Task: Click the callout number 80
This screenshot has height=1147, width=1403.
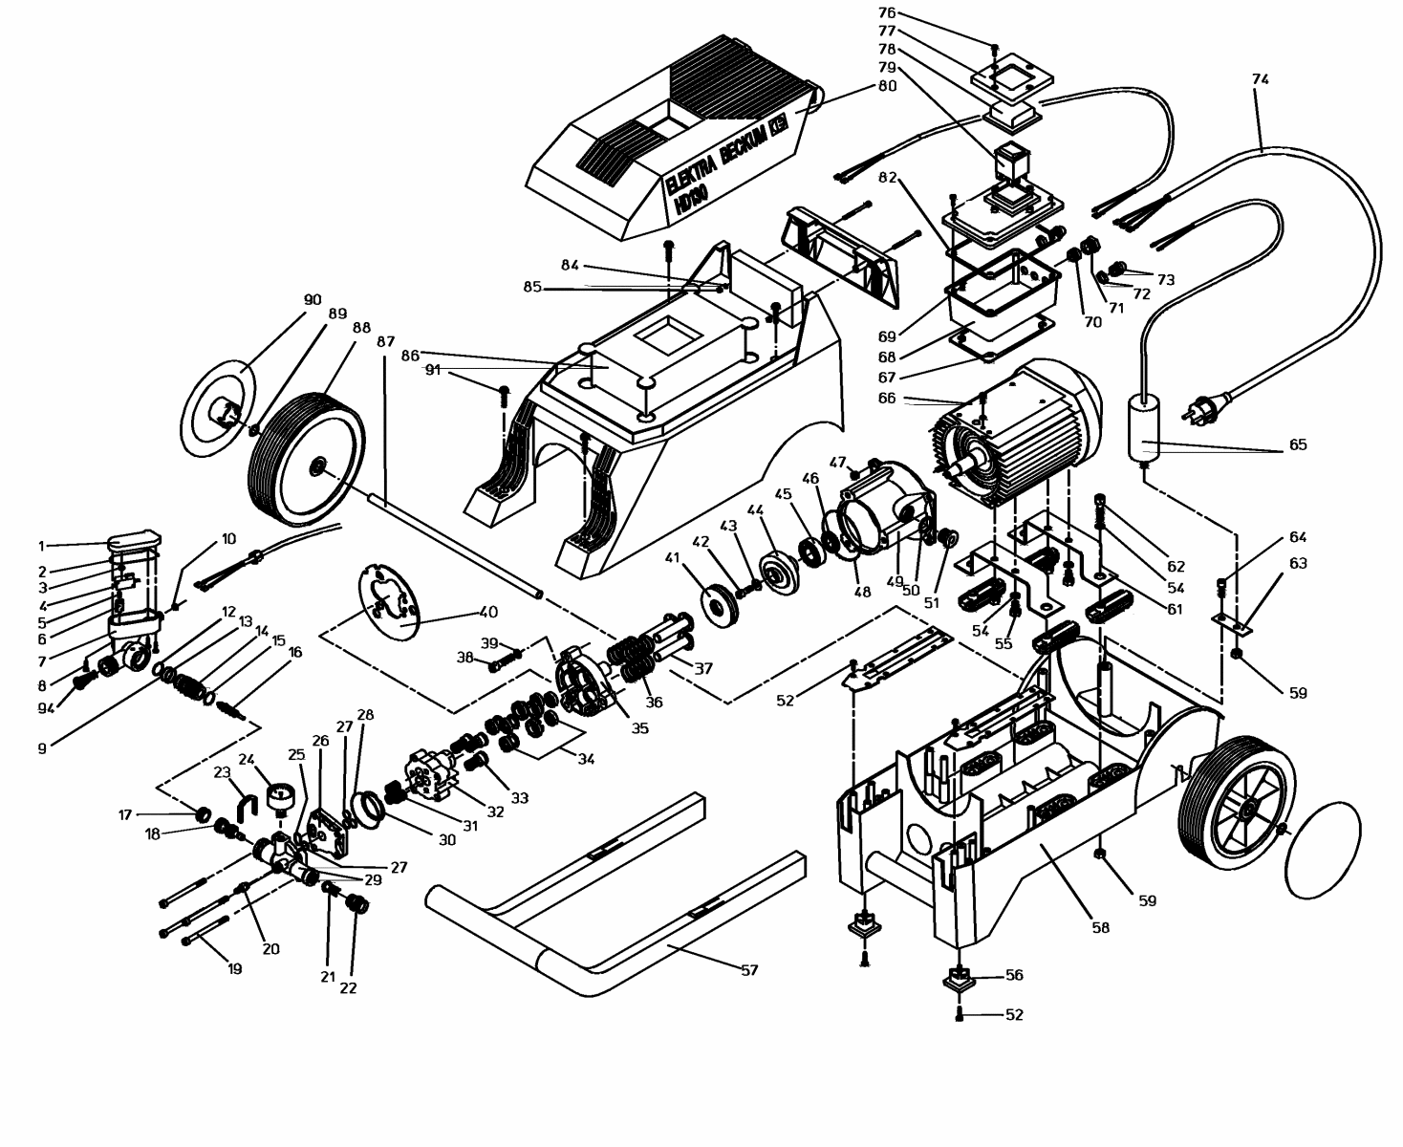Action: [x=887, y=85]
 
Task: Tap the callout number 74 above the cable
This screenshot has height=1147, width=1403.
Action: [x=1260, y=80]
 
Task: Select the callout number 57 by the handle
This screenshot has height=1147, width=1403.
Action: [x=749, y=970]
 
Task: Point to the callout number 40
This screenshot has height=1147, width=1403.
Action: [x=488, y=612]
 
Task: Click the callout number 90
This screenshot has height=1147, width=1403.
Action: [x=313, y=300]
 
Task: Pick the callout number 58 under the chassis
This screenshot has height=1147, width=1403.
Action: [x=1101, y=926]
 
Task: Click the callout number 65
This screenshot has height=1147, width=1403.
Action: [x=1297, y=444]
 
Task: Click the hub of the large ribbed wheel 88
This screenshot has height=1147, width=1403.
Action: [x=316, y=467]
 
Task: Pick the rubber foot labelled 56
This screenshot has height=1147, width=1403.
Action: [x=958, y=978]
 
